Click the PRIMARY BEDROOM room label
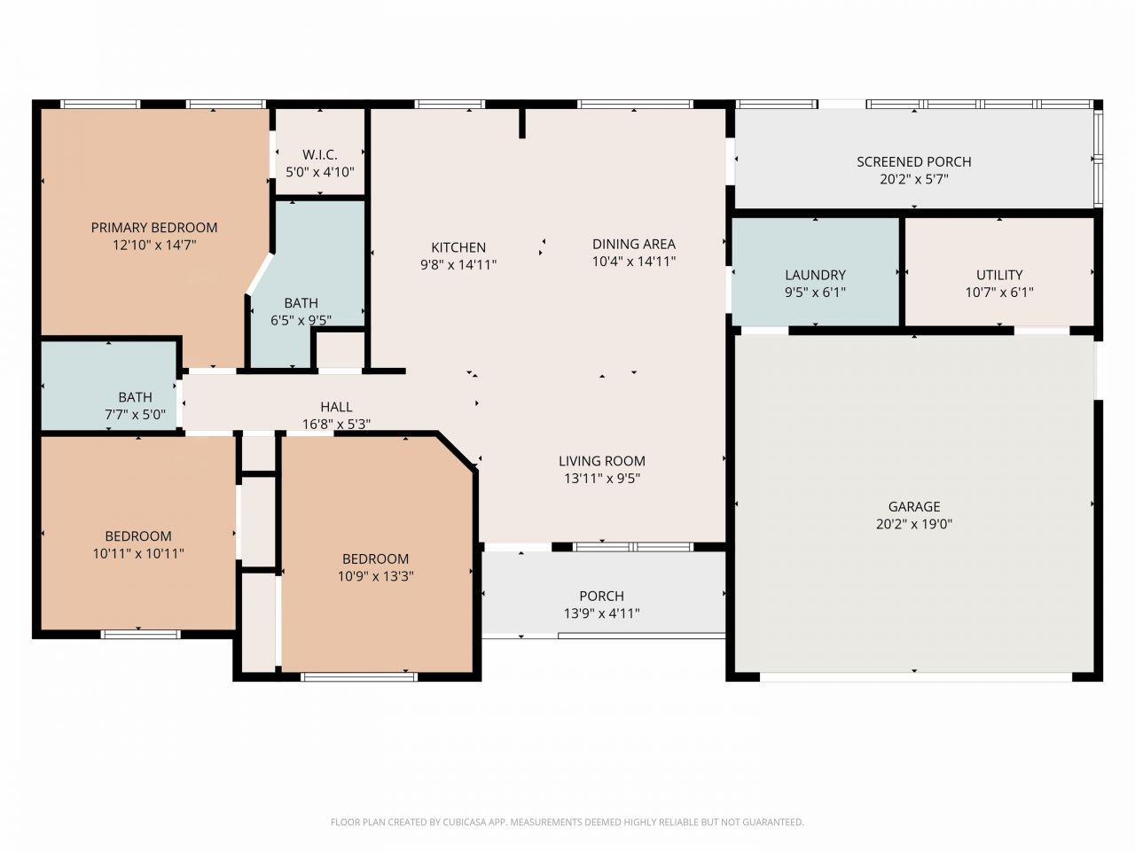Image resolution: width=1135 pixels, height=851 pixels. tap(154, 228)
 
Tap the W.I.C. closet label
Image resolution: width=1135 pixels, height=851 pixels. tap(319, 155)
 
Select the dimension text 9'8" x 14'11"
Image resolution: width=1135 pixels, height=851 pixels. tap(458, 264)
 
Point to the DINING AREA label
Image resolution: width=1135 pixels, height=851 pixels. tap(633, 244)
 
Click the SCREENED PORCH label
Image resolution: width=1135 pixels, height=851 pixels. tap(913, 161)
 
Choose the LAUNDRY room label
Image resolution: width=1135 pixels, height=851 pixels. tap(815, 275)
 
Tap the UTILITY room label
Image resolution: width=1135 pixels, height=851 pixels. tap(999, 275)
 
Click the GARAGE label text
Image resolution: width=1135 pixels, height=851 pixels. tap(913, 506)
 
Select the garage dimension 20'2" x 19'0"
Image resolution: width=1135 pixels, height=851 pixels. tap(913, 524)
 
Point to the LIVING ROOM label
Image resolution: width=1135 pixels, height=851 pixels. tap(601, 461)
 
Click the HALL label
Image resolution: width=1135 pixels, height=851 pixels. tap(336, 407)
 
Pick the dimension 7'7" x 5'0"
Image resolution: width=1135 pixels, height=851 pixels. tap(135, 414)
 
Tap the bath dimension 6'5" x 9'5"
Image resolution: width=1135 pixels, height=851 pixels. tap(301, 320)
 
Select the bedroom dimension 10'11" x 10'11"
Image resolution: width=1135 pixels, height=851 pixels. tap(138, 553)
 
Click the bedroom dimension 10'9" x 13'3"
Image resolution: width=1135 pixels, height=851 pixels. tap(375, 575)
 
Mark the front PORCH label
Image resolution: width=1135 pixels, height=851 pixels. tap(601, 596)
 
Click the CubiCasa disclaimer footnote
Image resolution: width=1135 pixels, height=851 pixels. tap(567, 822)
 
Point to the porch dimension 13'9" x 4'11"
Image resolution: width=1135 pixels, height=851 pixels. tap(601, 613)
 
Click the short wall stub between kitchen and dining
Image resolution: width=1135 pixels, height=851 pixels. tap(522, 122)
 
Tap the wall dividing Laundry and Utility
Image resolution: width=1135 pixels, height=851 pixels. tap(902, 271)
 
